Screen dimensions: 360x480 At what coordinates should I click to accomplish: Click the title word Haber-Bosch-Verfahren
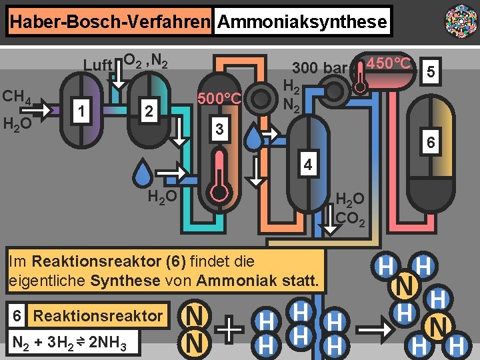tap(110, 22)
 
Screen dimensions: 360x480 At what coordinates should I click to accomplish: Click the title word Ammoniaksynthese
tap(302, 22)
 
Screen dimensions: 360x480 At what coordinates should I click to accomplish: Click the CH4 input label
tap(17, 97)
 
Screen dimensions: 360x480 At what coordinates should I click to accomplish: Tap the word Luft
tap(97, 65)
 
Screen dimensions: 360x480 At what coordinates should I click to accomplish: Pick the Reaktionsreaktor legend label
tap(97, 315)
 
